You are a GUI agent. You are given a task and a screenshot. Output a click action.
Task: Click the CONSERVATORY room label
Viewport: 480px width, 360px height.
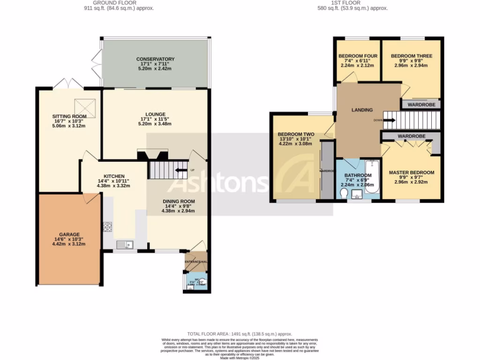[155, 59]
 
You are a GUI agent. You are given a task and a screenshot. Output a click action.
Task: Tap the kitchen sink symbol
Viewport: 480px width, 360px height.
[125, 244]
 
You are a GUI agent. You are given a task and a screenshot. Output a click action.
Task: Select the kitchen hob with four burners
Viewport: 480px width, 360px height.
[108, 227]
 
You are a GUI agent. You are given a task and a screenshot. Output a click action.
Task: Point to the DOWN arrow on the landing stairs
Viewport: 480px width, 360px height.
[389, 120]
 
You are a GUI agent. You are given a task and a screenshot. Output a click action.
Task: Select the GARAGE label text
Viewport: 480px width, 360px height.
[69, 234]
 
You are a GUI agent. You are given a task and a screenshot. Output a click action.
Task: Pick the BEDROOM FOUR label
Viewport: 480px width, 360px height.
[355, 56]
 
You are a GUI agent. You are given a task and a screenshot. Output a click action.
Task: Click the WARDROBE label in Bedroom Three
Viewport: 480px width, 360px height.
[421, 105]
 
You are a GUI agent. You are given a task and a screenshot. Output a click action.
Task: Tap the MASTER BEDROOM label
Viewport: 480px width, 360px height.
[412, 172]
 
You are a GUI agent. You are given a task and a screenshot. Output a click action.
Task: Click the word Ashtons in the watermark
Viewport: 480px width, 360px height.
[217, 184]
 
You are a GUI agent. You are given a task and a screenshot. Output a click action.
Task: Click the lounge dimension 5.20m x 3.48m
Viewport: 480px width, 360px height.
[155, 124]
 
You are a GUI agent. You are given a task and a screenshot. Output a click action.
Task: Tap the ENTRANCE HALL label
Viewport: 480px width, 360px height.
[195, 262]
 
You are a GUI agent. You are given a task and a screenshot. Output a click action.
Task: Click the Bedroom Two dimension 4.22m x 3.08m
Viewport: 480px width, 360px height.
[295, 144]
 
